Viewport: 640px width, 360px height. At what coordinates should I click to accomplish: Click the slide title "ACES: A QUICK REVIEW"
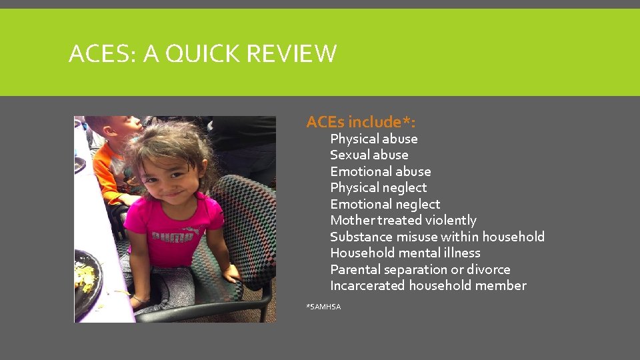(x=203, y=53)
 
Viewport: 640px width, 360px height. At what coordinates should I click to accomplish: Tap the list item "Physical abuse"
(x=373, y=139)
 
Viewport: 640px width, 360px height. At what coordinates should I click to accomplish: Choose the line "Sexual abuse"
(x=369, y=155)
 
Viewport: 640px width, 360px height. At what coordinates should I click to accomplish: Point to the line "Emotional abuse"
(x=380, y=171)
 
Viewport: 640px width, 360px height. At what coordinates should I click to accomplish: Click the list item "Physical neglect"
(x=378, y=187)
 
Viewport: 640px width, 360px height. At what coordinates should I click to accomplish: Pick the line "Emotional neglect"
(x=385, y=204)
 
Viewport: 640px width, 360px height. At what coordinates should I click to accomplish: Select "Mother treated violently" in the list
(x=403, y=220)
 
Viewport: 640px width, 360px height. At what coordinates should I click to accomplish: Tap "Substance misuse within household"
(x=437, y=237)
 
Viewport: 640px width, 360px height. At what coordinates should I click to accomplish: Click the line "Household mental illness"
(x=405, y=253)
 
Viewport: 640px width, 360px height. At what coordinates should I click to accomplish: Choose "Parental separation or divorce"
(x=420, y=269)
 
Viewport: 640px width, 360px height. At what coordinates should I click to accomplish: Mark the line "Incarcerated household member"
(x=428, y=285)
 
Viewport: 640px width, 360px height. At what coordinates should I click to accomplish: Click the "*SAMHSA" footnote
(x=323, y=307)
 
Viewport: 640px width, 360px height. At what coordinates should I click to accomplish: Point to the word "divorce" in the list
(x=488, y=269)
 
